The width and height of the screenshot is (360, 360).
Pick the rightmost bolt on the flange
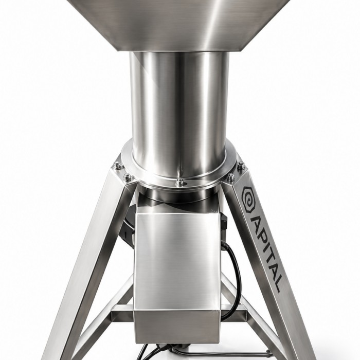[240, 165]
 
